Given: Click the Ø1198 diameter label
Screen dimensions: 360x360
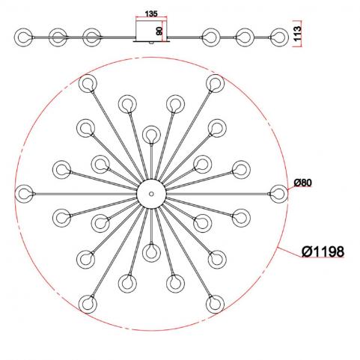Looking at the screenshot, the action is click(x=323, y=251).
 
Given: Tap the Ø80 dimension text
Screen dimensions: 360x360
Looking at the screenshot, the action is click(x=303, y=183).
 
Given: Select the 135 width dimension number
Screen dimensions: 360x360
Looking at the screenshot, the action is click(x=151, y=13).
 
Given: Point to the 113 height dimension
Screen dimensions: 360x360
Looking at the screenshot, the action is click(x=298, y=34).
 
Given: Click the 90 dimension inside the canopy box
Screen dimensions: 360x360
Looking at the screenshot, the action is click(x=159, y=31).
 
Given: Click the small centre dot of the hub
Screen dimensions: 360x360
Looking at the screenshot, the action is click(x=151, y=194).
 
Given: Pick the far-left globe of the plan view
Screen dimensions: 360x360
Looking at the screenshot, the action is click(x=24, y=194).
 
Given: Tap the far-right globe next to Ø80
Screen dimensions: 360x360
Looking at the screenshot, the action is click(x=278, y=194).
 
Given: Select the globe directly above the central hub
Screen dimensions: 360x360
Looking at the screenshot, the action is click(x=151, y=135).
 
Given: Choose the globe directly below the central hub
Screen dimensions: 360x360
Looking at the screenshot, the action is click(x=151, y=253).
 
